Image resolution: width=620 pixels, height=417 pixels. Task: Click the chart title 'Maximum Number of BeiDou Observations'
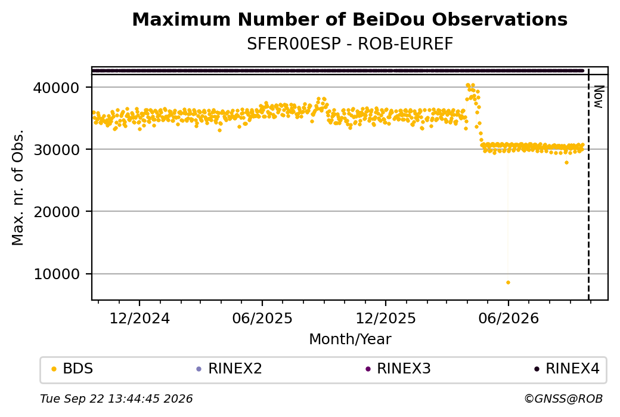(349, 19)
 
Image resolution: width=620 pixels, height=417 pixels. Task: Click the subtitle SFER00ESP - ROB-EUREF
(349, 44)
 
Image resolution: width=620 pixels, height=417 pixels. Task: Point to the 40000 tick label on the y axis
(57, 88)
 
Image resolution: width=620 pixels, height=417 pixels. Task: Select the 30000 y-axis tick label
(57, 150)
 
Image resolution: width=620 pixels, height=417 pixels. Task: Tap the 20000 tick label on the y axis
(57, 212)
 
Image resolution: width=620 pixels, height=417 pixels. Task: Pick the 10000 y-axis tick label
(57, 274)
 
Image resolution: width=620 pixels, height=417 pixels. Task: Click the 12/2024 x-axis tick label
(139, 318)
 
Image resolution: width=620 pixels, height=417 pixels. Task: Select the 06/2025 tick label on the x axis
(262, 318)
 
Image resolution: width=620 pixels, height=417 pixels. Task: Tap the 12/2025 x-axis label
(386, 318)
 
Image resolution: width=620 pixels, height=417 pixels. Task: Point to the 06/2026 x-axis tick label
(509, 318)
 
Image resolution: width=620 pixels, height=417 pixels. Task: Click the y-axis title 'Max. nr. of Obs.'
(18, 187)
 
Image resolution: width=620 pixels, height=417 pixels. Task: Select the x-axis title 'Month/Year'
(350, 339)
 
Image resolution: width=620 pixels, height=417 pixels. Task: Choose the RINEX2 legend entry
(230, 369)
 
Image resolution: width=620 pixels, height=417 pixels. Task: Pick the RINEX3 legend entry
(398, 369)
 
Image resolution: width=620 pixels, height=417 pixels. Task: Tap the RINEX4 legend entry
(567, 369)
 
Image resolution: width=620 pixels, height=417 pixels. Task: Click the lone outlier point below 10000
(508, 283)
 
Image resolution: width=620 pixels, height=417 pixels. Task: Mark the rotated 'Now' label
(599, 97)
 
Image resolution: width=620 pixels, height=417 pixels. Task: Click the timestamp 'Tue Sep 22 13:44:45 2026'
(116, 399)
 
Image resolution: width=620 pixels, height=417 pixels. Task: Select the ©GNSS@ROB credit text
(563, 399)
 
